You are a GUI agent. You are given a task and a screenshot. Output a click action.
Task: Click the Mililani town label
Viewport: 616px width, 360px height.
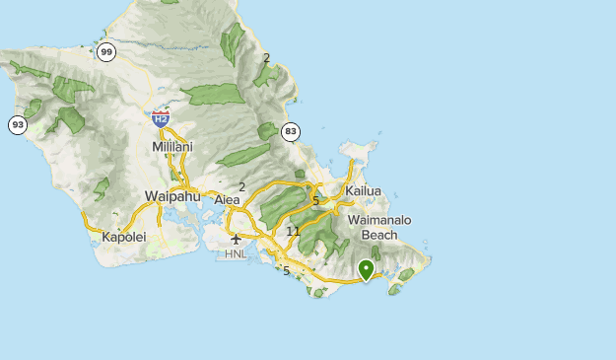click(x=172, y=147)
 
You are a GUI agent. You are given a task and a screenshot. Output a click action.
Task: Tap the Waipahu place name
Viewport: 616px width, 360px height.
click(x=171, y=195)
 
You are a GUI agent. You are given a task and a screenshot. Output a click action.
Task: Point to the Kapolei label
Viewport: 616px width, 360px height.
click(x=123, y=238)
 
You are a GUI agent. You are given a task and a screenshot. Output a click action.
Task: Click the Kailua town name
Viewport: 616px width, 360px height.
click(x=363, y=190)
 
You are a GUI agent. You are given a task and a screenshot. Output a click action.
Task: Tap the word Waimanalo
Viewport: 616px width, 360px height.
click(x=378, y=220)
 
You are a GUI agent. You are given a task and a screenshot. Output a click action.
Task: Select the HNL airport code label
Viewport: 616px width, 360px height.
click(x=236, y=253)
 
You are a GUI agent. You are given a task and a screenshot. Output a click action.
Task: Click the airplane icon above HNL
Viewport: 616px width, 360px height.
click(x=236, y=239)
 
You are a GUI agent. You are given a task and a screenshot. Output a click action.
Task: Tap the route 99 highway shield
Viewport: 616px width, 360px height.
click(x=106, y=51)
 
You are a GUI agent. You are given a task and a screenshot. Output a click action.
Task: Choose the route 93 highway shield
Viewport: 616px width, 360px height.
click(x=17, y=125)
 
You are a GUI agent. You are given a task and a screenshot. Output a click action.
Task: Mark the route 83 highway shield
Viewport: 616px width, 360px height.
click(x=290, y=130)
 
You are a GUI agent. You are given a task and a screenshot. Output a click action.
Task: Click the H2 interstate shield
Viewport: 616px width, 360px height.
click(x=161, y=118)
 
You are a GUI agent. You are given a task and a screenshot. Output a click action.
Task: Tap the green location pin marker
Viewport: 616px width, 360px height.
click(x=367, y=268)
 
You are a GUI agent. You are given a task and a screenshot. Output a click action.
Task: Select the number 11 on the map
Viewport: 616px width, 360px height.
click(x=293, y=231)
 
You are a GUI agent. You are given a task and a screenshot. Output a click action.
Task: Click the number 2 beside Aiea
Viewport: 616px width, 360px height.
click(x=241, y=185)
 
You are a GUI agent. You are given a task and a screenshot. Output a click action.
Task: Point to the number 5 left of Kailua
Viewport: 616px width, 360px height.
click(x=315, y=200)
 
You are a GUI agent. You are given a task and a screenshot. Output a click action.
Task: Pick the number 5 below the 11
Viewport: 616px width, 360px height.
click(x=286, y=270)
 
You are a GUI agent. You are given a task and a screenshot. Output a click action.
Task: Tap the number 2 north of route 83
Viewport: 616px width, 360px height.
click(x=266, y=57)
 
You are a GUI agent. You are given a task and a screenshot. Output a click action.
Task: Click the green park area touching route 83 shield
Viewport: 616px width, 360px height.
click(x=269, y=131)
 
